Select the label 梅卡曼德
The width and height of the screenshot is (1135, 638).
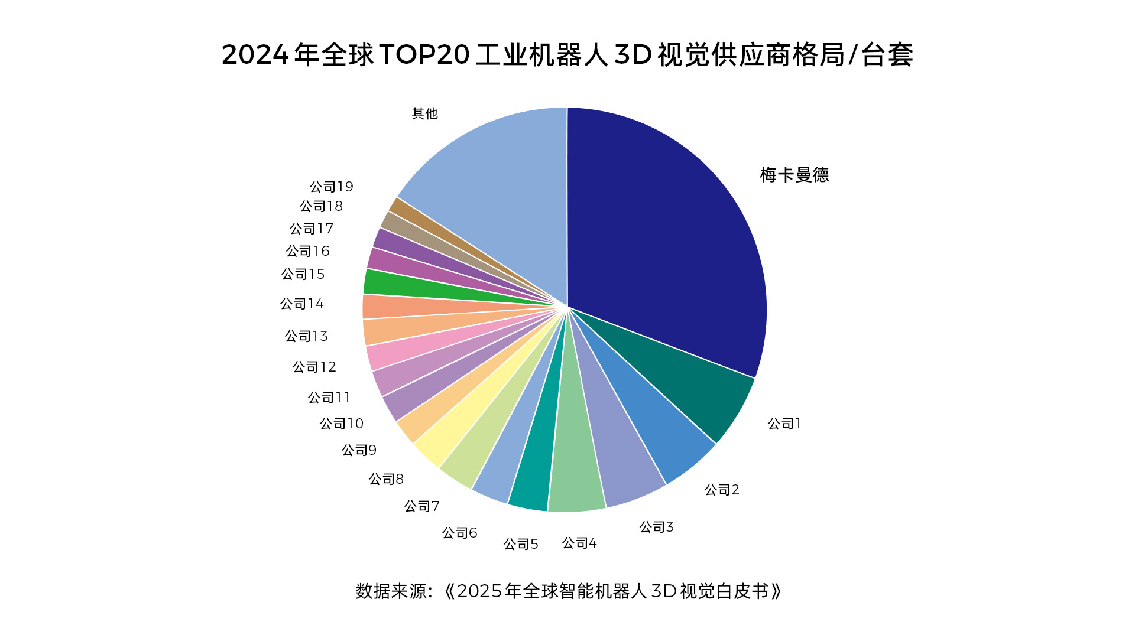click(x=794, y=175)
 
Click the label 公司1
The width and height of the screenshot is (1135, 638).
click(x=784, y=424)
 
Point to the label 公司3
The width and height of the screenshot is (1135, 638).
click(x=656, y=527)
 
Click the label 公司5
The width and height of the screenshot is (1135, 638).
click(x=520, y=544)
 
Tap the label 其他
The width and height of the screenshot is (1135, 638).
click(x=424, y=113)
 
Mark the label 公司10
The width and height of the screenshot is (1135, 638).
click(x=341, y=424)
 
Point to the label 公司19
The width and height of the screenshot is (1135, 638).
click(x=331, y=187)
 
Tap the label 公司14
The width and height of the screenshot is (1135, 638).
click(x=301, y=304)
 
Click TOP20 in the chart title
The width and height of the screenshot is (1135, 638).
click(x=424, y=55)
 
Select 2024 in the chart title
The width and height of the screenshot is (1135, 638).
click(x=255, y=55)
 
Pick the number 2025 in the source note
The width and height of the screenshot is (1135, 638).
click(x=479, y=591)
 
